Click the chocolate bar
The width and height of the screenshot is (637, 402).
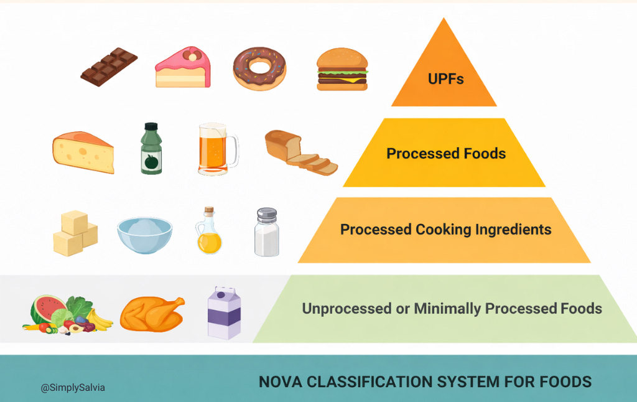[x=109, y=67]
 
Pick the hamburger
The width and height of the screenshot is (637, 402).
[x=342, y=69]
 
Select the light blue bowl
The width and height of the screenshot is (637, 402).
[x=144, y=234]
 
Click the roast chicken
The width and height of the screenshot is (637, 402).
[x=152, y=312]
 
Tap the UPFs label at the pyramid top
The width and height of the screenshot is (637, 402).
[x=445, y=79]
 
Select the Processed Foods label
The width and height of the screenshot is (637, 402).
[x=446, y=153]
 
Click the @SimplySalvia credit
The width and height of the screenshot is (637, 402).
[x=73, y=388]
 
